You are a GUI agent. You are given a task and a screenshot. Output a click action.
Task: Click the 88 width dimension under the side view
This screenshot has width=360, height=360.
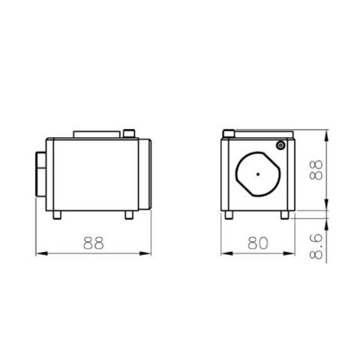pyautogui.click(x=93, y=243)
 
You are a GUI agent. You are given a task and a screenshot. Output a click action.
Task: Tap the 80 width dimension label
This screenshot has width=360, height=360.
pyautogui.click(x=258, y=243)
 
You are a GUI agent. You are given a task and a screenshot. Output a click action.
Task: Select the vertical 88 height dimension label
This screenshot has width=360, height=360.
pyautogui.click(x=316, y=170)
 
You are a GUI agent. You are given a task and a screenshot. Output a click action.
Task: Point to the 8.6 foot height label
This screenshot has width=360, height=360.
pyautogui.click(x=316, y=246)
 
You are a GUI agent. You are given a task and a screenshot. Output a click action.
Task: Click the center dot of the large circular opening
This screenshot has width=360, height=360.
pyautogui.click(x=258, y=174)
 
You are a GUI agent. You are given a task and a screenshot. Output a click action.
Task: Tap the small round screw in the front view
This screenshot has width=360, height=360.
pyautogui.click(x=280, y=145)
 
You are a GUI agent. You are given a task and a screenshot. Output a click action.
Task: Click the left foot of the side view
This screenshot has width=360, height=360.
pyautogui.click(x=57, y=215)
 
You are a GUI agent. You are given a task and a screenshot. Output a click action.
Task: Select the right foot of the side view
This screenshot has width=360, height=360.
pyautogui.click(x=129, y=215)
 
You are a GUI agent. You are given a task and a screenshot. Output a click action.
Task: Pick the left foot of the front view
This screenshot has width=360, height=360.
pyautogui.click(x=229, y=215)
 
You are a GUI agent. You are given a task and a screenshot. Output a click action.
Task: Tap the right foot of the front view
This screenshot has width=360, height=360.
pyautogui.click(x=285, y=215)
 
